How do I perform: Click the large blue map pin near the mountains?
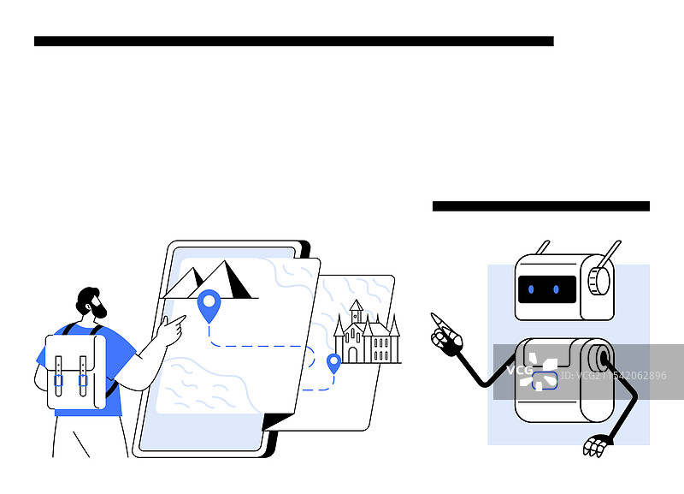click(209, 305)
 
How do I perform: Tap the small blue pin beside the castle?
click(333, 363)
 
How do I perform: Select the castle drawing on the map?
click(367, 332)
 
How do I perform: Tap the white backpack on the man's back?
click(76, 372)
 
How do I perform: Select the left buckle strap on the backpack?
click(58, 376)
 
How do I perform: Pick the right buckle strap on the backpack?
click(83, 376)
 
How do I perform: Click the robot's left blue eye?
click(531, 289)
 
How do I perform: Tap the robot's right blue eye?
click(557, 289)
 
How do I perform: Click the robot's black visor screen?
click(547, 289)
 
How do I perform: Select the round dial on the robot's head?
click(599, 281)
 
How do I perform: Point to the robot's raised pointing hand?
click(445, 334)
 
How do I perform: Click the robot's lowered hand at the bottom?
click(595, 446)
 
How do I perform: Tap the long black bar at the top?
click(294, 41)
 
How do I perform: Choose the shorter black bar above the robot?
click(541, 206)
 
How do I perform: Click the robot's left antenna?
click(543, 247)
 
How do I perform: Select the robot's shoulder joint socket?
click(601, 358)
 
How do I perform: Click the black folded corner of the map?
click(276, 422)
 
